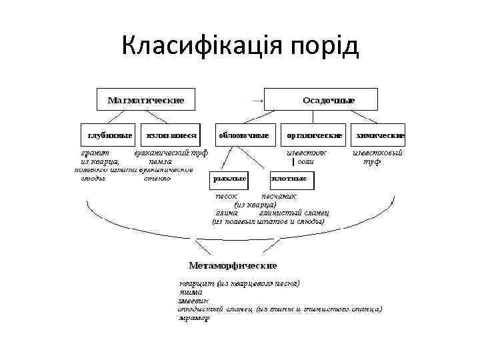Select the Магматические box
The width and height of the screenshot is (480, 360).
point(146,99)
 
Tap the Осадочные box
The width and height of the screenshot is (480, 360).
point(321,99)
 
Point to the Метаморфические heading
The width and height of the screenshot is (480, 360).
point(233,265)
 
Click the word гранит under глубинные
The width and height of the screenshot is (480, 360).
point(95,152)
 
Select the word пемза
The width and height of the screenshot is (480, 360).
point(160,161)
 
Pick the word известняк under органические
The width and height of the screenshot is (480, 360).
point(307,152)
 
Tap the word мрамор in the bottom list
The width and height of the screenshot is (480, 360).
point(194,318)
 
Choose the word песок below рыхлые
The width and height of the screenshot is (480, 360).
point(226,197)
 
